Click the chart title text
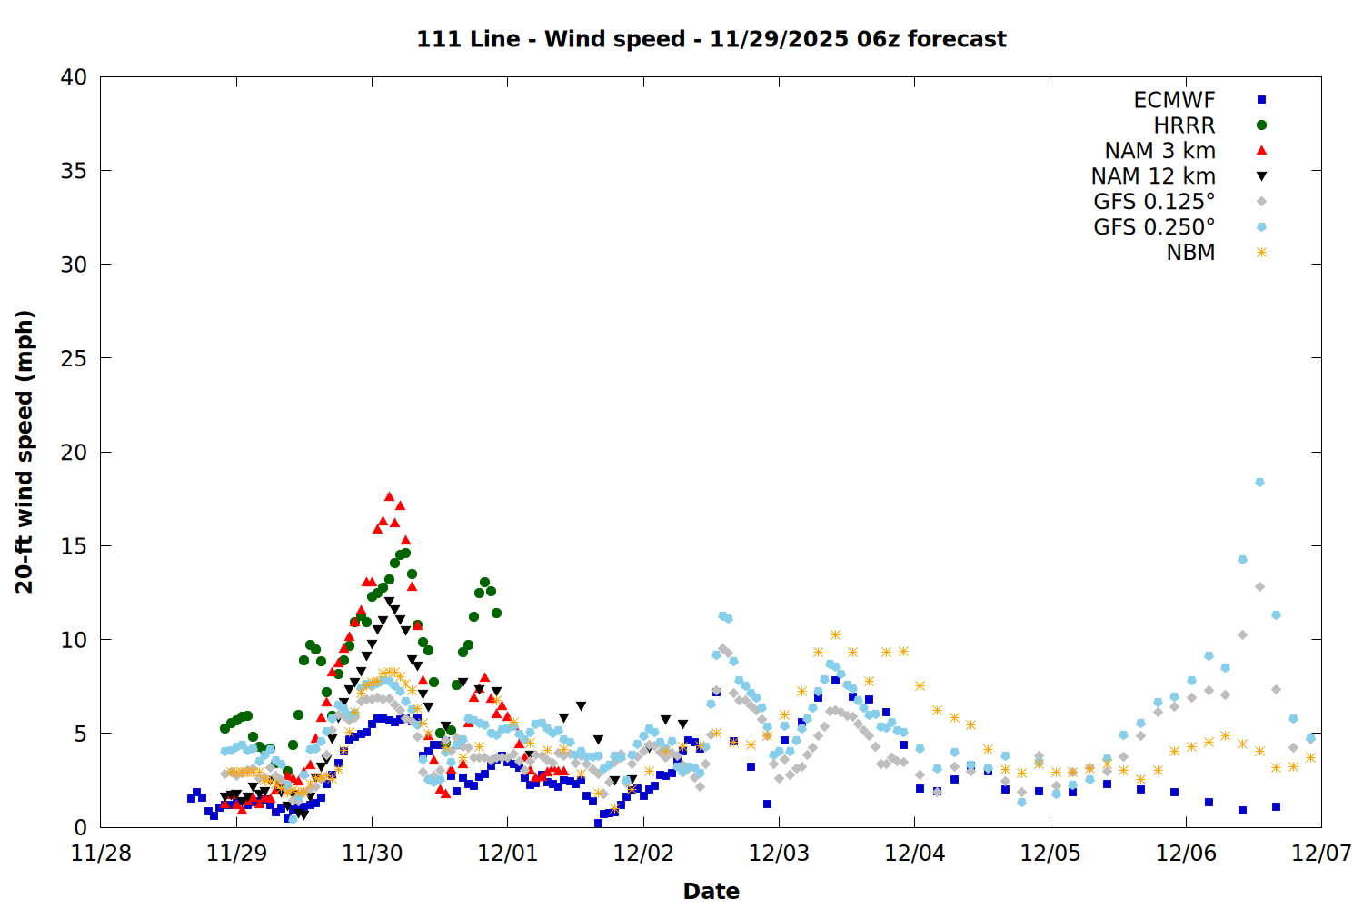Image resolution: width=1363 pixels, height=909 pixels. [x=711, y=39]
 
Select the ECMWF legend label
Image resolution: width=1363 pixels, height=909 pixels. [x=1174, y=100]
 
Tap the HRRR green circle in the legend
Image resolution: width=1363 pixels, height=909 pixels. [x=1261, y=125]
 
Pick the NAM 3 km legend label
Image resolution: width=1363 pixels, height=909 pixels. [x=1159, y=151]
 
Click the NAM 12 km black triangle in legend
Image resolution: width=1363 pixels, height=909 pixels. [x=1261, y=176]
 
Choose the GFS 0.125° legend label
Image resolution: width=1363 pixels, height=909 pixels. [x=1154, y=202]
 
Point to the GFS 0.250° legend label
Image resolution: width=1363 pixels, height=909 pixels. [x=1154, y=227]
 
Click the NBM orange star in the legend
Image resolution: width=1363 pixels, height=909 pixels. [x=1261, y=253]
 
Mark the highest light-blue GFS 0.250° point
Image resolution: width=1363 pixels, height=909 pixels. [x=1259, y=483]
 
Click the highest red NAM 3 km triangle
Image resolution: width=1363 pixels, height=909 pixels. [x=389, y=496]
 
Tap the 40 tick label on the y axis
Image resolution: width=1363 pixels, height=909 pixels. [x=74, y=77]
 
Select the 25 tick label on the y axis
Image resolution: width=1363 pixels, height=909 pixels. [x=74, y=358]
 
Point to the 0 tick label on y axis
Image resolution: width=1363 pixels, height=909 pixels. [x=81, y=827]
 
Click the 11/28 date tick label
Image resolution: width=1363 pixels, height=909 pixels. [x=101, y=854]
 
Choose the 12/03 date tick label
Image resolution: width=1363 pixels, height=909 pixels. [x=779, y=854]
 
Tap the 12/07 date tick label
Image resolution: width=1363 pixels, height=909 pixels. [x=1321, y=854]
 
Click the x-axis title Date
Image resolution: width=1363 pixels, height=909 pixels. [x=711, y=891]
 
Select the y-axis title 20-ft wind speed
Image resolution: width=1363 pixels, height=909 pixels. [x=25, y=452]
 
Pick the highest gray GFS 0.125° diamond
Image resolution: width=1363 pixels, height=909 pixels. [x=1259, y=587]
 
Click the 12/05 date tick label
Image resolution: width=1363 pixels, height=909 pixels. [x=1050, y=854]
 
